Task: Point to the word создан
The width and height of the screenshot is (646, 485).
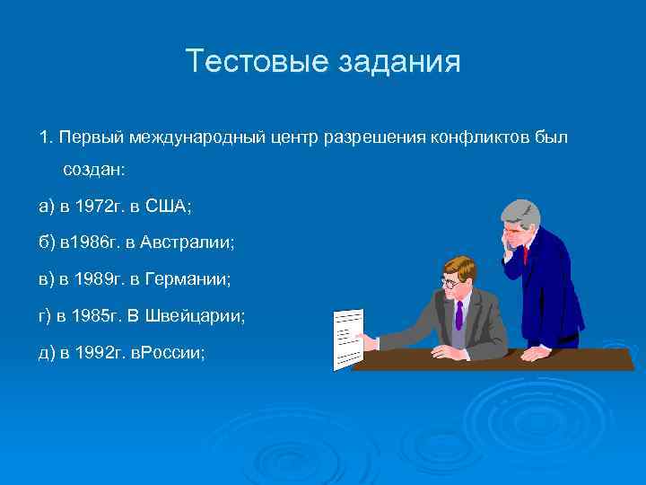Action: point(94,170)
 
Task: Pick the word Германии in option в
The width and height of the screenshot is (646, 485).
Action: point(188,280)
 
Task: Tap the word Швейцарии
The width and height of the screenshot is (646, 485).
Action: point(201,317)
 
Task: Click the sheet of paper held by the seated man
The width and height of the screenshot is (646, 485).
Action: point(347,339)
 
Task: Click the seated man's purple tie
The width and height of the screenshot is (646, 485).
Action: point(458,313)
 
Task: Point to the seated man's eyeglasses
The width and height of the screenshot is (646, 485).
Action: point(449,281)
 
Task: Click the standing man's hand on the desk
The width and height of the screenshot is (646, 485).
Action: point(535,352)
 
